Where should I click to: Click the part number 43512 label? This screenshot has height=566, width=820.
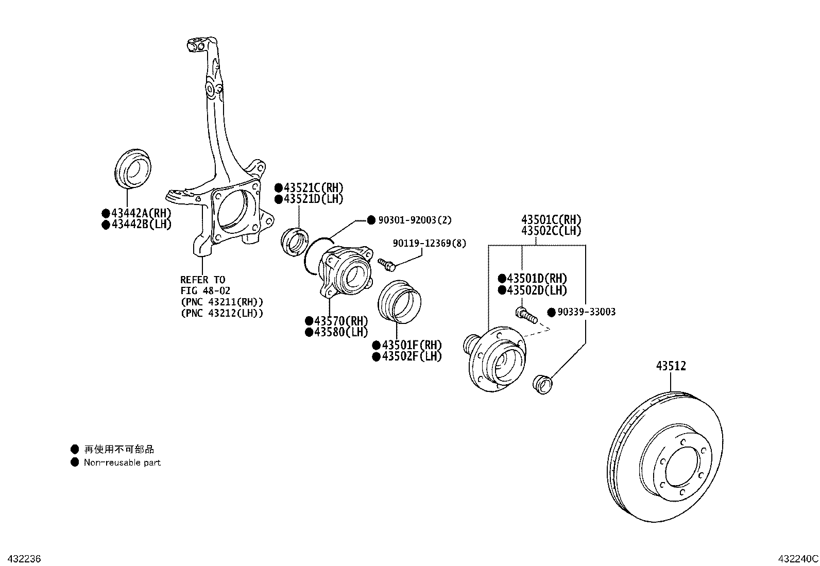[671, 366]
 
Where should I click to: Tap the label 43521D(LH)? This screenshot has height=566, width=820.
[313, 199]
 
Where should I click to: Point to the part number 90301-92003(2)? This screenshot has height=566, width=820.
[414, 220]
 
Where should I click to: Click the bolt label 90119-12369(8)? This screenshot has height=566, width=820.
[429, 243]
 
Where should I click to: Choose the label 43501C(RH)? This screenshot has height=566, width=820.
[551, 220]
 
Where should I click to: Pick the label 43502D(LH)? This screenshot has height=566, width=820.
[536, 290]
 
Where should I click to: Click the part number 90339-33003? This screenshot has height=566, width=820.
[586, 312]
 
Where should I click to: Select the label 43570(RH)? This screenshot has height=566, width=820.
[340, 321]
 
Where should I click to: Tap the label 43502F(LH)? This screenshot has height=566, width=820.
[411, 356]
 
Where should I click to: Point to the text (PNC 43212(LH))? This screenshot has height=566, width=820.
[221, 313]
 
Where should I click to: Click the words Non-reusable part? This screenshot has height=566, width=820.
[122, 462]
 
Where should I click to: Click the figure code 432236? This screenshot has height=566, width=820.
[21, 559]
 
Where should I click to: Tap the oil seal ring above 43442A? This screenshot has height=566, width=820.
[132, 168]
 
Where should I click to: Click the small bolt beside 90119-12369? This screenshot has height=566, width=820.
[386, 264]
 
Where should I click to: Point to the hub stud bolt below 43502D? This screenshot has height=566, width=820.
[526, 315]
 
